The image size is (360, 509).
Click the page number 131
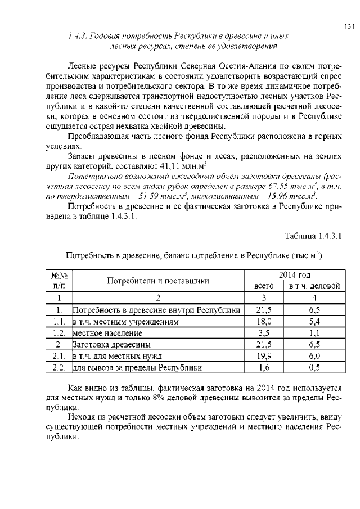click(x=349, y=26)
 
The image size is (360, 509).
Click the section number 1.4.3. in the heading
click(x=78, y=35)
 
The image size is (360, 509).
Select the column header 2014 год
click(x=295, y=275)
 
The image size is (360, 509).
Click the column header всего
click(x=264, y=286)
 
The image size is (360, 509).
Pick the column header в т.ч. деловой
click(x=314, y=286)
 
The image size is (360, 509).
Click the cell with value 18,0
click(x=264, y=322)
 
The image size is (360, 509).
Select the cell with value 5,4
click(x=314, y=322)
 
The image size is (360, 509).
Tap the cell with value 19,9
click(x=264, y=357)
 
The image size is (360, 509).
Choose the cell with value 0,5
click(x=314, y=368)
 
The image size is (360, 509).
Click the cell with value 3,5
click(x=264, y=334)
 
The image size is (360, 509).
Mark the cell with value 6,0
click(x=314, y=357)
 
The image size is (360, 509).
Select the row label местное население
click(x=104, y=334)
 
